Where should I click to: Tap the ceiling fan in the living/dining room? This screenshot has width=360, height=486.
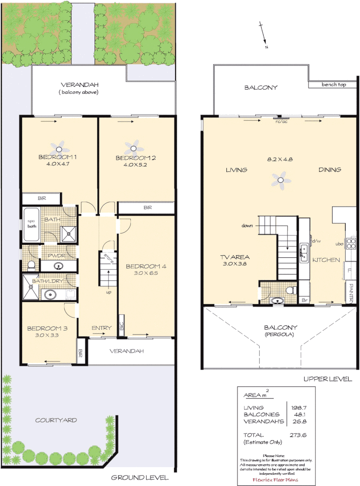281,181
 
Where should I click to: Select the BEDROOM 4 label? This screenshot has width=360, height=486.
146,266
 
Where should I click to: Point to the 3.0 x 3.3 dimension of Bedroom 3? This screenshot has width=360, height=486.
46,335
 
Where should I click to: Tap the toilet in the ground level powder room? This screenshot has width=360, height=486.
31,265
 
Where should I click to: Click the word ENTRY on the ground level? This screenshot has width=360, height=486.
101,328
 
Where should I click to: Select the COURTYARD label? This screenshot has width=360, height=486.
56,420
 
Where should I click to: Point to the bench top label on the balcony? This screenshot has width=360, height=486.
333,85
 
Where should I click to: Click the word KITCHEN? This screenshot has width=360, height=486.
326,260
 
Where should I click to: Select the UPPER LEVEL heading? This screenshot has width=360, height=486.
328,379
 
